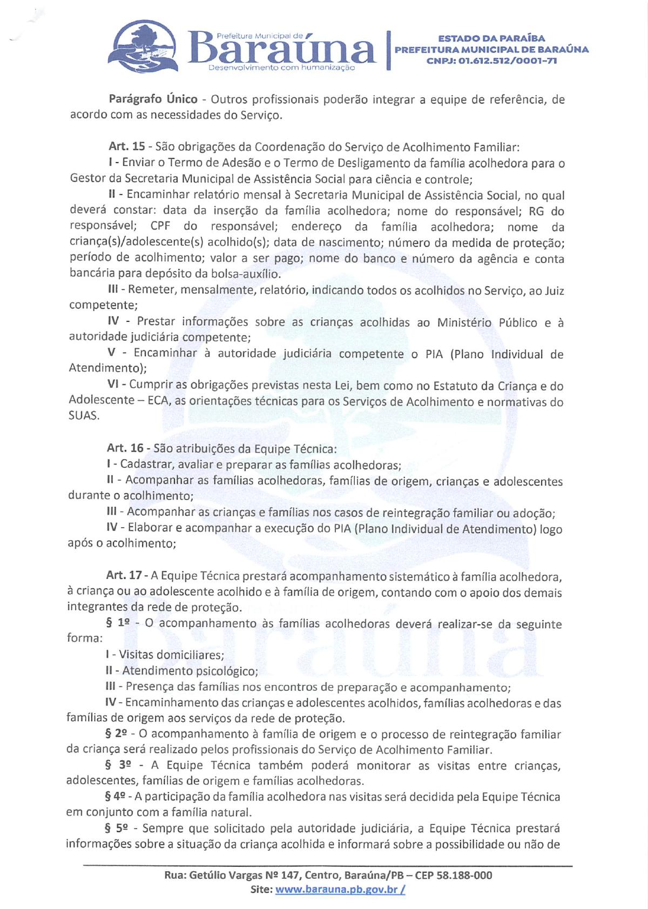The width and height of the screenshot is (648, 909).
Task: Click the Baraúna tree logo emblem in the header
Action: pyautogui.click(x=141, y=46)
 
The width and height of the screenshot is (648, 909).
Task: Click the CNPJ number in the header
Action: pyautogui.click(x=491, y=60)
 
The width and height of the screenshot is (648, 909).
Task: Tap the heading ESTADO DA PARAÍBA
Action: pyautogui.click(x=491, y=38)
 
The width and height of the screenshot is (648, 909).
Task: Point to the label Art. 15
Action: pyautogui.click(x=127, y=146)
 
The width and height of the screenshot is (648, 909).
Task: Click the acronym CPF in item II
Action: pyautogui.click(x=160, y=226)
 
